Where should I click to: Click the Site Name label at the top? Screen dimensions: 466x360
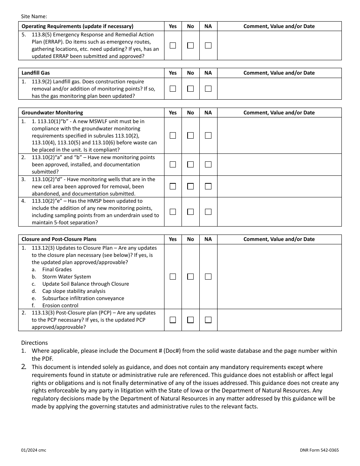point(34,16)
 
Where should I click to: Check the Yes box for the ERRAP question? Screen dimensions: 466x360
point(173,45)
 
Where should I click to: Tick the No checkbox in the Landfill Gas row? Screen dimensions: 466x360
point(190,89)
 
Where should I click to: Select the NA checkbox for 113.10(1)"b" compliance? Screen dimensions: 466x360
point(208,135)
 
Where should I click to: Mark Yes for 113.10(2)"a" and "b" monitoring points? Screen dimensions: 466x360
point(173,164)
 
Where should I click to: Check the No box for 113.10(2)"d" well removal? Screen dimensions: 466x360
point(190,186)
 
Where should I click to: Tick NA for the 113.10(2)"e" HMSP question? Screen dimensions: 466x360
point(208,212)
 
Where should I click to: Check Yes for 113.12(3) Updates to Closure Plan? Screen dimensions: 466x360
point(173,277)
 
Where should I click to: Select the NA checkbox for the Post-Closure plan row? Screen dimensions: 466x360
point(208,320)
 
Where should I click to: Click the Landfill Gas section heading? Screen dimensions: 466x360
point(36,73)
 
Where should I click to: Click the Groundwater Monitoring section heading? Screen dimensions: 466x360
point(52,113)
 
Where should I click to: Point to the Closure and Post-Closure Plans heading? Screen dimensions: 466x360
point(59,239)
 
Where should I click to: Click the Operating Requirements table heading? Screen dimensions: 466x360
point(77,26)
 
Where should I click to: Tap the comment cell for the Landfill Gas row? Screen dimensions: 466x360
point(279,89)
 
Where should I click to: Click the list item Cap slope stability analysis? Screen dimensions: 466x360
point(74,291)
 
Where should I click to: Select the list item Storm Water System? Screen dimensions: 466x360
point(66,277)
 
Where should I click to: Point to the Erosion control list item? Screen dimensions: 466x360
point(60,305)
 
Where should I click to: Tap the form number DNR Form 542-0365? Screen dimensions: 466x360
point(319,450)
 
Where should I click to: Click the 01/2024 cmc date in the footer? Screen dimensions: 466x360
point(34,450)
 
